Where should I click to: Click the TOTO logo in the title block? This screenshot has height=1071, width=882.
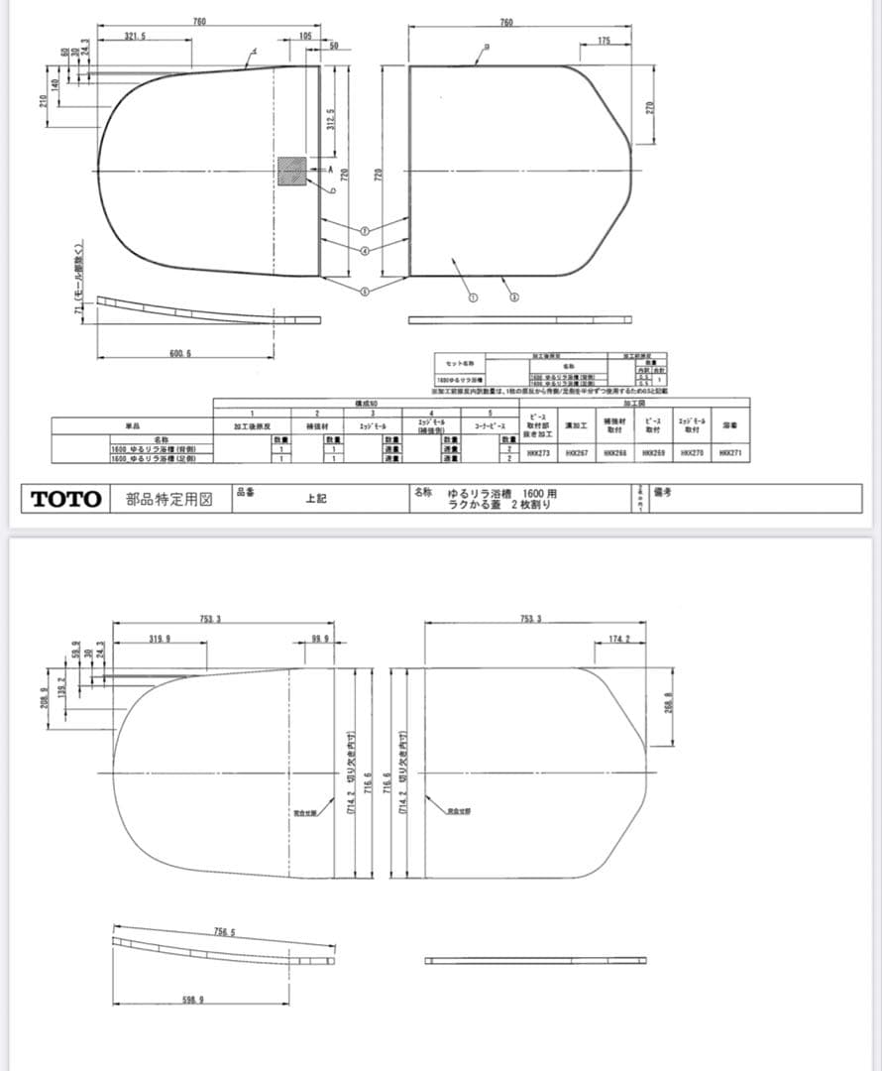(x=66, y=499)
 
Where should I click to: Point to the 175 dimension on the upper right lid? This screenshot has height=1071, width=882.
(x=605, y=41)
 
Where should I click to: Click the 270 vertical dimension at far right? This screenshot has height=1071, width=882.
(x=650, y=107)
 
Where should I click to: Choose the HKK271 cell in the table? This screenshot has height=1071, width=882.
(x=731, y=452)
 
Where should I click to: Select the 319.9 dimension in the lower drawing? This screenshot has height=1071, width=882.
(x=159, y=638)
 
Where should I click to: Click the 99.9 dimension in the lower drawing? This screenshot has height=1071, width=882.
(x=320, y=638)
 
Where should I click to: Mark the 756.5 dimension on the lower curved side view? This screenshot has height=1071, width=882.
(x=225, y=931)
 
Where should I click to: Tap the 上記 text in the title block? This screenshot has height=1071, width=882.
(x=316, y=500)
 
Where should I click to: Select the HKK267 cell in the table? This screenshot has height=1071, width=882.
(x=577, y=452)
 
